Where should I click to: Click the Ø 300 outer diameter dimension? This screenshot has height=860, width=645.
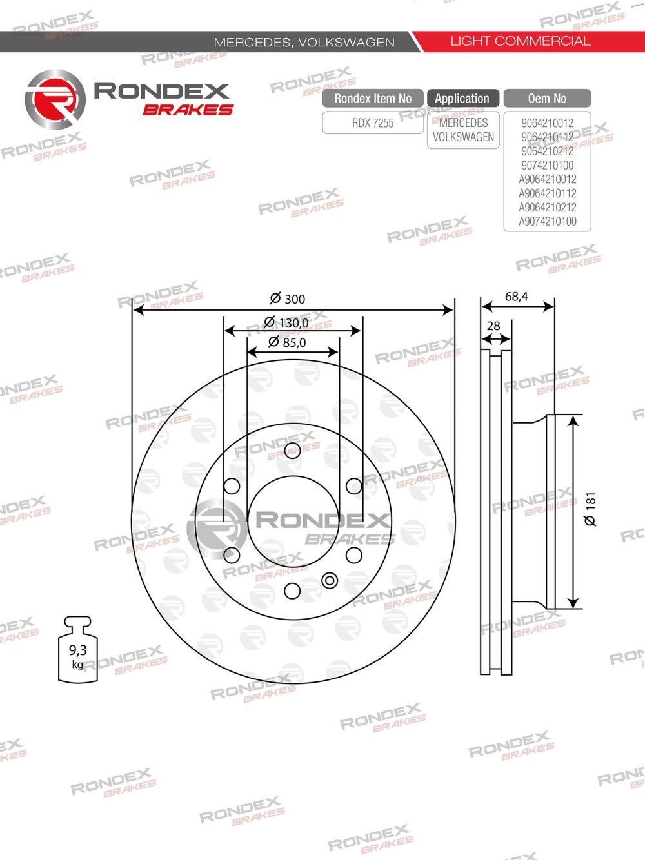[288, 298]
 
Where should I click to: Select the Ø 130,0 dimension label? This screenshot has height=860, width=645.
[286, 322]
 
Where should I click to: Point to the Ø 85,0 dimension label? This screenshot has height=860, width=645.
[288, 342]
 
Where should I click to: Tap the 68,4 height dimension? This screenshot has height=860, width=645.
[516, 297]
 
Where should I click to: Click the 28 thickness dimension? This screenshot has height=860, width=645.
[493, 326]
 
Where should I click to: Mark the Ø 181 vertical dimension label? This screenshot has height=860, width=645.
[590, 509]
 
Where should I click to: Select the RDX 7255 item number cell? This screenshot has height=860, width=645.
[373, 123]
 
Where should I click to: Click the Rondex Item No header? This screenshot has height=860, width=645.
[373, 99]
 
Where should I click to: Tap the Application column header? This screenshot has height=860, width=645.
[462, 99]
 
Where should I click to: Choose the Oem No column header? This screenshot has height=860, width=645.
[547, 99]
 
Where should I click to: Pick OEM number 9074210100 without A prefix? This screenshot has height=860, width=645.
[547, 165]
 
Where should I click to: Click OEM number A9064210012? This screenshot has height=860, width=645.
[547, 179]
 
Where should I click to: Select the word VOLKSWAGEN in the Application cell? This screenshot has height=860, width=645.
[463, 137]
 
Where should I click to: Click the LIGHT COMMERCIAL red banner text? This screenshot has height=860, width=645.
[521, 41]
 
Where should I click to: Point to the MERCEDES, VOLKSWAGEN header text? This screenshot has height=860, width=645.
[304, 43]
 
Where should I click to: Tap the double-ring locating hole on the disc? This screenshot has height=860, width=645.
[330, 580]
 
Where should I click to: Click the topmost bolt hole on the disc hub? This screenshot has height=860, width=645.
[292, 451]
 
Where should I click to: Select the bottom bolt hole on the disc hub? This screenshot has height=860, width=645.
[292, 591]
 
